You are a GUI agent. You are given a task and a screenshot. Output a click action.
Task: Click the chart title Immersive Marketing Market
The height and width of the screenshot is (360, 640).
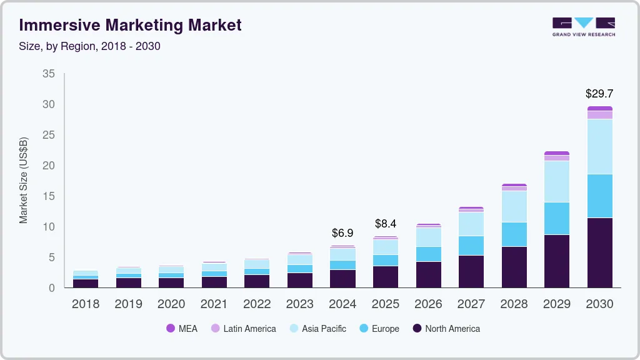click(130, 25)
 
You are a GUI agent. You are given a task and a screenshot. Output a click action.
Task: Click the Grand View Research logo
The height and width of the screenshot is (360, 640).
click(583, 27)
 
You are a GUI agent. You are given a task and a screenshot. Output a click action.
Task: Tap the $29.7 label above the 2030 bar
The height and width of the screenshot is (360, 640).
click(599, 94)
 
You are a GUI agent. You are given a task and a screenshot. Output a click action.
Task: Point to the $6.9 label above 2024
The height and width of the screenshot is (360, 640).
click(342, 233)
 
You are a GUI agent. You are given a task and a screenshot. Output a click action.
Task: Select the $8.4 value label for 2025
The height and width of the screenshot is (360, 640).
click(386, 224)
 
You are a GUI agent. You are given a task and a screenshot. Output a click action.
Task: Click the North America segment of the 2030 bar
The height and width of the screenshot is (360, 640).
click(599, 252)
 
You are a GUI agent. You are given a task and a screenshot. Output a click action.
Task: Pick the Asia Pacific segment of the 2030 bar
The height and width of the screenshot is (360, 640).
click(599, 146)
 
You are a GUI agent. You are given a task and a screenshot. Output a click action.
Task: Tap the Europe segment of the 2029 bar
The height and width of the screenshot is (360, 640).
click(556, 218)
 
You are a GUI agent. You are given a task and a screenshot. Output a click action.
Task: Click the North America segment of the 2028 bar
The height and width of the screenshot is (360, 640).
click(514, 267)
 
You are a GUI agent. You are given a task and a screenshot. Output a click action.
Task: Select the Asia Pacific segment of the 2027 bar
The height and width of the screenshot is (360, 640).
click(471, 224)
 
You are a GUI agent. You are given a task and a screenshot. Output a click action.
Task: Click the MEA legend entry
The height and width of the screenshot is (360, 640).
click(182, 329)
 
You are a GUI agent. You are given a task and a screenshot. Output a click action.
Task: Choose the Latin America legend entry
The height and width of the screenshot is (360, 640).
click(243, 329)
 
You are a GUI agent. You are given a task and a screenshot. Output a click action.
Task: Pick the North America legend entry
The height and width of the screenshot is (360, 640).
click(446, 329)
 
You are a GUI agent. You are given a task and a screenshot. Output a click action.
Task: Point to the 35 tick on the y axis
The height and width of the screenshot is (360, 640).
click(48, 74)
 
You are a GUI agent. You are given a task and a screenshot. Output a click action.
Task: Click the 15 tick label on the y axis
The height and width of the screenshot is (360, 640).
click(48, 196)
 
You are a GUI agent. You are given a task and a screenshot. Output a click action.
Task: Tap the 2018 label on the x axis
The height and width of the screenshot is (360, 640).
click(85, 304)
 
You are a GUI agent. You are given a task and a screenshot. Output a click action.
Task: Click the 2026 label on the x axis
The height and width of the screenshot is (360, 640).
click(428, 304)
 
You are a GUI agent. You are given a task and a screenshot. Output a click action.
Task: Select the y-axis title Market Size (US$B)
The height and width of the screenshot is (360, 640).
click(24, 181)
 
